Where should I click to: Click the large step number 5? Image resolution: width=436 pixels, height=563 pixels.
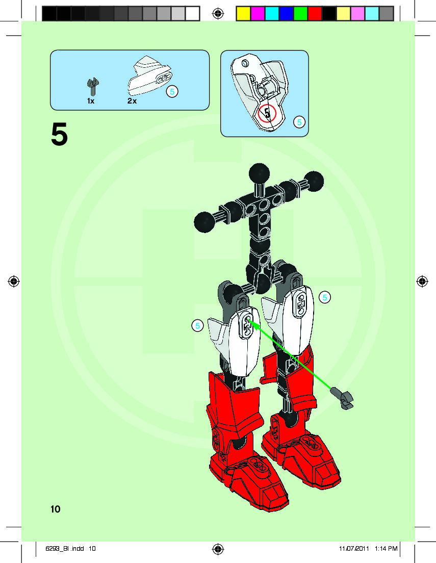pyautogui.click(x=59, y=135)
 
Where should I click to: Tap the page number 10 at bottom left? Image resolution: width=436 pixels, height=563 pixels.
pyautogui.click(x=55, y=509)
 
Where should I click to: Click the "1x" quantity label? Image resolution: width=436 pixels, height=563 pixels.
pyautogui.click(x=90, y=101)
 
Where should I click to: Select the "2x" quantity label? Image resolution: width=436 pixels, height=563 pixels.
pyautogui.click(x=132, y=101)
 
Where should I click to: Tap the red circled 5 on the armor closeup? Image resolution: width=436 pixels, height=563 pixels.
pyautogui.click(x=267, y=113)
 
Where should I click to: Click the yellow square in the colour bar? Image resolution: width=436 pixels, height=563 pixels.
pyautogui.click(x=243, y=14)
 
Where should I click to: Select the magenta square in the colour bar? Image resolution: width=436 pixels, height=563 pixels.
pyautogui.click(x=258, y=14)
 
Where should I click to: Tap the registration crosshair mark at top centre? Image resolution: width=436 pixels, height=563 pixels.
pyautogui.click(x=218, y=14)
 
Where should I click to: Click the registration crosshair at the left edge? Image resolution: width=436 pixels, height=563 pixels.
pyautogui.click(x=14, y=281)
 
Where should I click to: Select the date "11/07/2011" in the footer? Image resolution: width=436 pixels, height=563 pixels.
pyautogui.click(x=353, y=549)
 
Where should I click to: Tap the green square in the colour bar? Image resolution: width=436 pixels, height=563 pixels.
pyautogui.click(x=300, y=14)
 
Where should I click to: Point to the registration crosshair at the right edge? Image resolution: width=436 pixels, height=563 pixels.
pyautogui.click(x=422, y=281)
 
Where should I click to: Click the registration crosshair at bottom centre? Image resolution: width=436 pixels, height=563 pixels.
pyautogui.click(x=218, y=549)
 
